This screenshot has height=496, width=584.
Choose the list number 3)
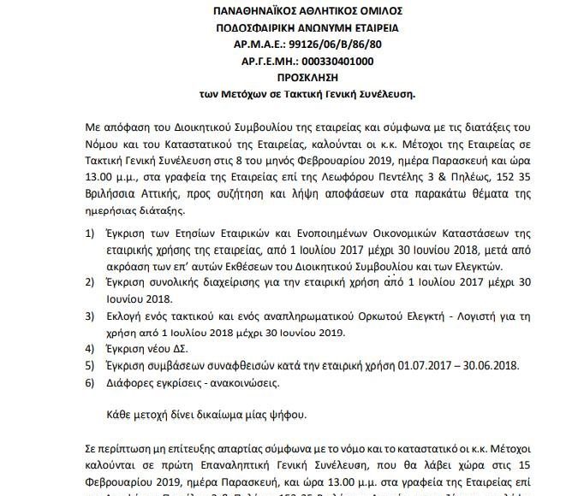91,316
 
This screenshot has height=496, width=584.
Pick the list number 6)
91,381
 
